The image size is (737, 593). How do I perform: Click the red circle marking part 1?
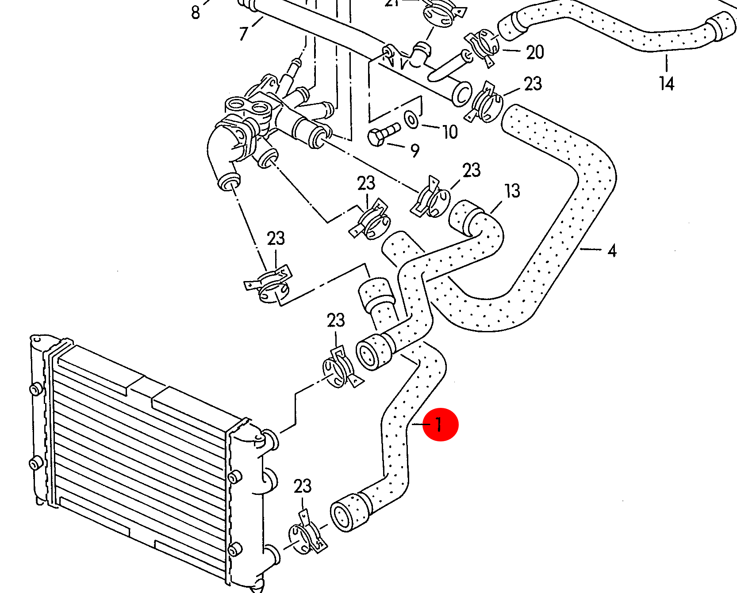(440, 424)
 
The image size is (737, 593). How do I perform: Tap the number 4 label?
(612, 251)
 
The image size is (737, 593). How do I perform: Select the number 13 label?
(512, 191)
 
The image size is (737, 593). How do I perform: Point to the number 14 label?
(667, 84)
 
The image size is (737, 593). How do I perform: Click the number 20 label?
(535, 53)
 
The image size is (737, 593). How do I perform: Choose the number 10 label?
(450, 132)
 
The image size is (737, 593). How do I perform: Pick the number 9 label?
(415, 151)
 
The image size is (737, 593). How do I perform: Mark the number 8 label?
(196, 12)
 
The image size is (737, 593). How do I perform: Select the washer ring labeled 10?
(412, 119)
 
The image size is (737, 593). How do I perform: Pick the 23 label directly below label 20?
(533, 84)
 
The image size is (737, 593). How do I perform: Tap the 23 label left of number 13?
(471, 170)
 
